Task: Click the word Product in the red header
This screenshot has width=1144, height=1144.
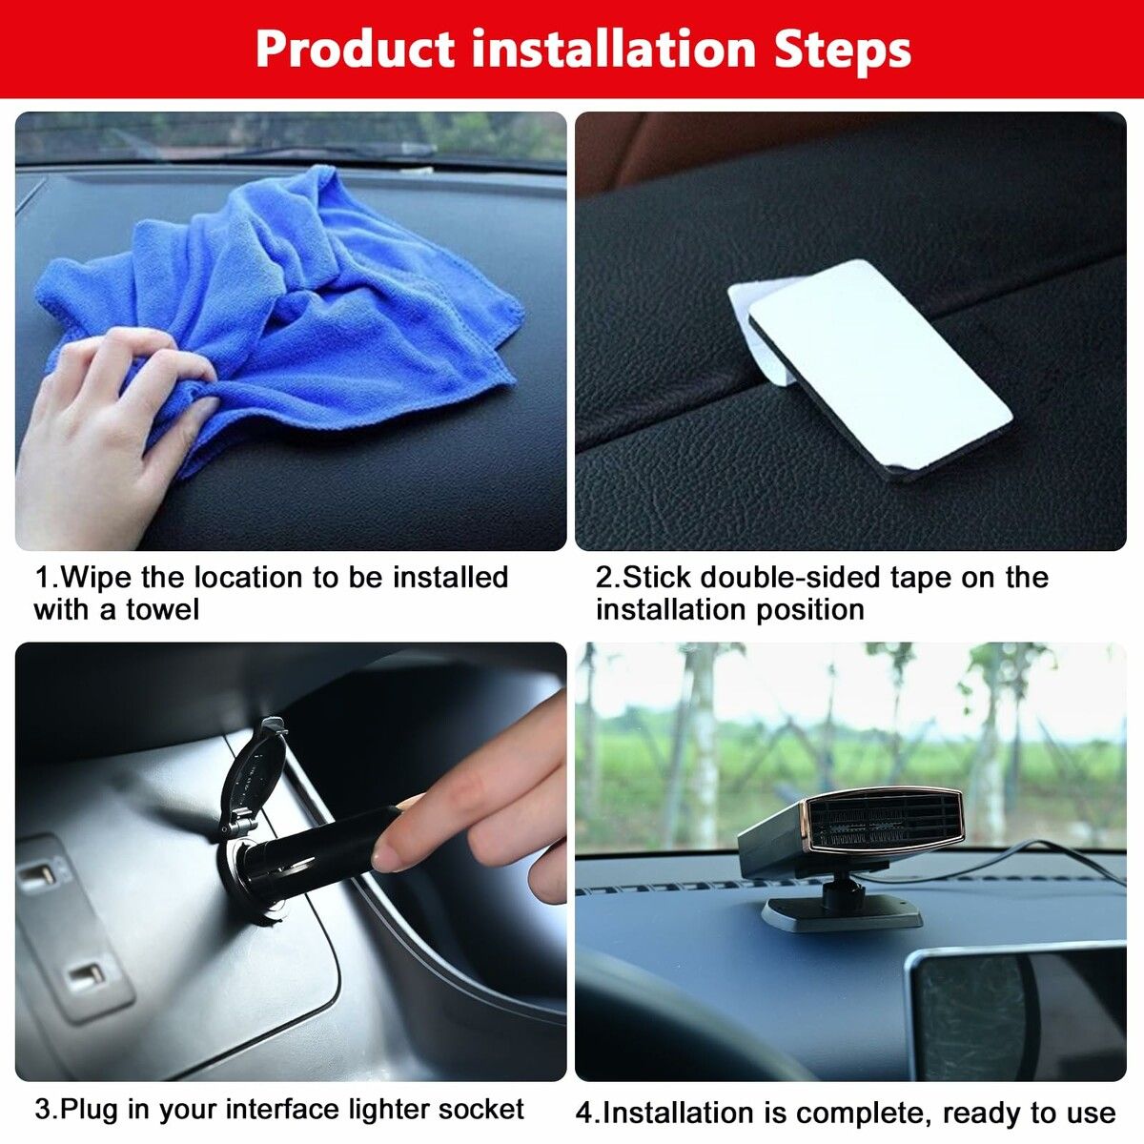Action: pos(354,50)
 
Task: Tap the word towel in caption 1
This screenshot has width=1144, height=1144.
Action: pos(163,610)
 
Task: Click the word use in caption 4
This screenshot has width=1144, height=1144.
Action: pos(1089,1113)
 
